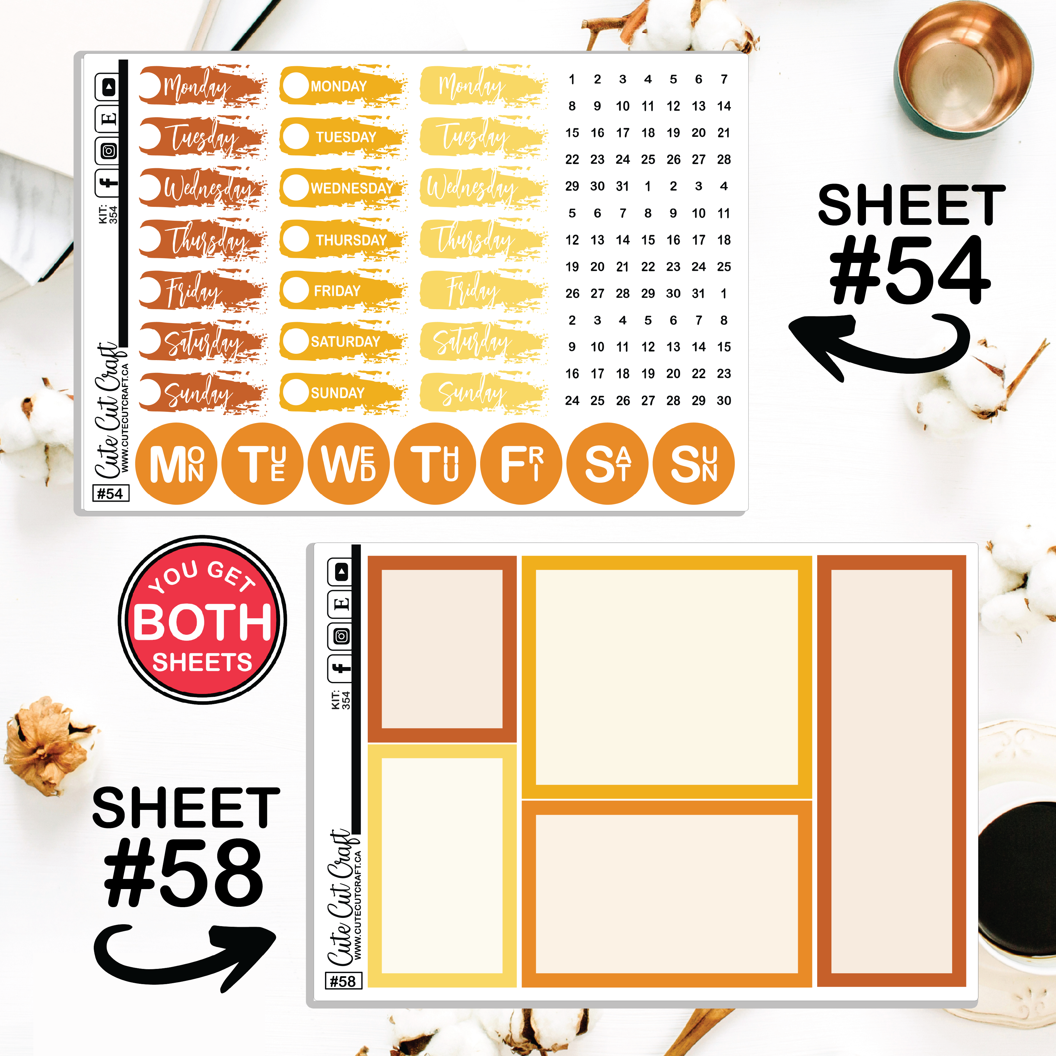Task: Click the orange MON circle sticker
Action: click(176, 463)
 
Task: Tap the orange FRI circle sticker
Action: click(521, 463)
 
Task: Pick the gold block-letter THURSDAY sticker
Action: click(343, 239)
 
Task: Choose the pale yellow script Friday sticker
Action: click(484, 290)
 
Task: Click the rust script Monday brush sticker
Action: click(202, 85)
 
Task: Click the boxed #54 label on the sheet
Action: click(111, 493)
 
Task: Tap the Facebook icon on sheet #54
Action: click(108, 182)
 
